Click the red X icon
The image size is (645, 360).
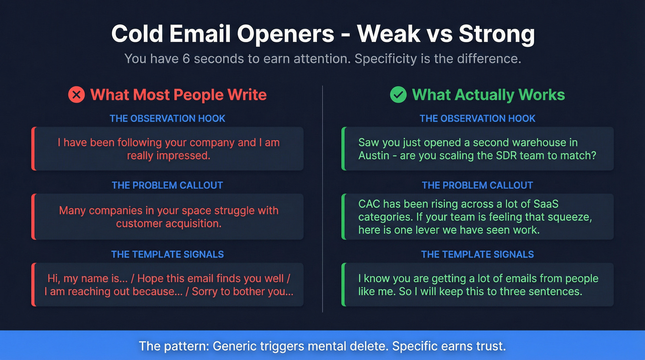[76, 95]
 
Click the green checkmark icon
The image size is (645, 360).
[399, 95]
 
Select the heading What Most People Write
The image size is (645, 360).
[178, 95]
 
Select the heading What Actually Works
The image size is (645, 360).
[488, 95]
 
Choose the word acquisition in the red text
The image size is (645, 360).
[193, 224]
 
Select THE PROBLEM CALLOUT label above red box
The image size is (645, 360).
[167, 185]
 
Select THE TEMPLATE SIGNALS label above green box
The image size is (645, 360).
[477, 254]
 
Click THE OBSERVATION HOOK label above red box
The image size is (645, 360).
[167, 118]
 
